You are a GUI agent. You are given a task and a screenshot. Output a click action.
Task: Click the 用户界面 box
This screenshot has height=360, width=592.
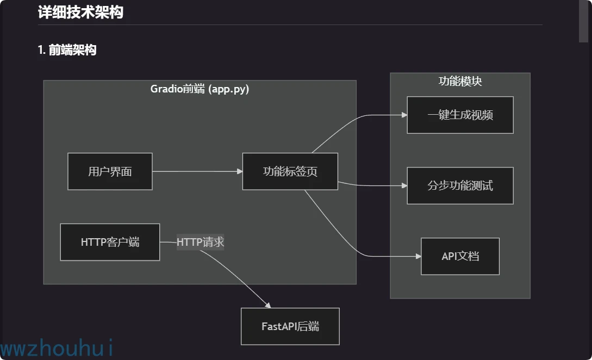[x=110, y=171]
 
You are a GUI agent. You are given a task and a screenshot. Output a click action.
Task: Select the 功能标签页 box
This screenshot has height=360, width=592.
[x=290, y=171]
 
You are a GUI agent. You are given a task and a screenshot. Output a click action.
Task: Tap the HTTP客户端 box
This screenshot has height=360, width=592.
[x=110, y=242]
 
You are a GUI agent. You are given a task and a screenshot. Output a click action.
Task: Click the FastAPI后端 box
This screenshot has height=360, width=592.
[x=290, y=326]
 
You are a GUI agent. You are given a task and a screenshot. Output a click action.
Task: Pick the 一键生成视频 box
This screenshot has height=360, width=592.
[x=460, y=115]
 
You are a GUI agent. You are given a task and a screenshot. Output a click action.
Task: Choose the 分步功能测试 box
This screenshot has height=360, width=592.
[x=460, y=185]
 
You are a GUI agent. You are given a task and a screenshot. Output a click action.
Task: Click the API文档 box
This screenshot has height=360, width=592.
[x=460, y=256]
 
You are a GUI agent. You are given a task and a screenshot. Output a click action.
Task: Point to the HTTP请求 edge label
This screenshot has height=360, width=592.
[x=200, y=242]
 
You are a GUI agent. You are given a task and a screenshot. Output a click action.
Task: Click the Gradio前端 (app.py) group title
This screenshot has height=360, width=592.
[x=200, y=89]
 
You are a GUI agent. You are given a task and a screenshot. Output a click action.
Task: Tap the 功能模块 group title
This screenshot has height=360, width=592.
[x=460, y=81]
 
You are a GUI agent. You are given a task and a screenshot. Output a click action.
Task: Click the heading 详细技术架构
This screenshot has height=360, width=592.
[x=80, y=12]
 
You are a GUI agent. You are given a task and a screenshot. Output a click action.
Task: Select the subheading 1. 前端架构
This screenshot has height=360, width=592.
[x=67, y=50]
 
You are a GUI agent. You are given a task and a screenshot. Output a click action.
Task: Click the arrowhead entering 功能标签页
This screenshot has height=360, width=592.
[x=240, y=171]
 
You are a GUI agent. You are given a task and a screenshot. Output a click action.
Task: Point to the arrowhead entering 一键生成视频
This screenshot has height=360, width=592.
[x=404, y=115]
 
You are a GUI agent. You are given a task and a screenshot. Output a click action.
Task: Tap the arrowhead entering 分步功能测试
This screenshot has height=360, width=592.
[x=404, y=185]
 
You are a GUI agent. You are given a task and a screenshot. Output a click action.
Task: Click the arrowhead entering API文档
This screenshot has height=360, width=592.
[x=418, y=256]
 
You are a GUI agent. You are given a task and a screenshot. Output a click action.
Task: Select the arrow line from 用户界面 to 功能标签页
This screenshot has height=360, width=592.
[x=196, y=171]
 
